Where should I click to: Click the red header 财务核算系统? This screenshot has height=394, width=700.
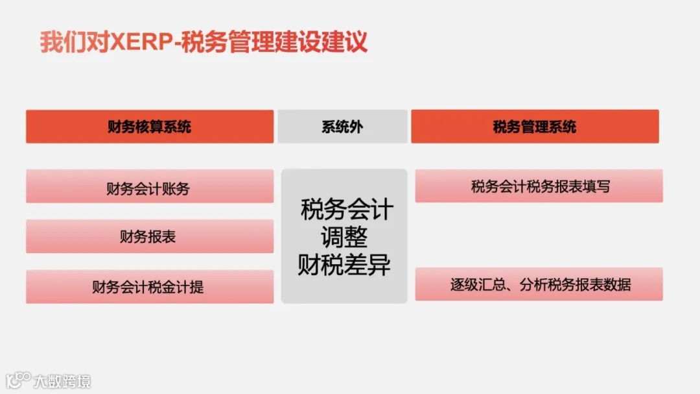click(x=150, y=127)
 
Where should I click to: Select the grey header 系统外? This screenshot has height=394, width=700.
click(x=342, y=127)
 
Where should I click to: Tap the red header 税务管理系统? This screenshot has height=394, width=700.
click(x=535, y=127)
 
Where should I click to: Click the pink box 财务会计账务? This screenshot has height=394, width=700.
click(x=150, y=189)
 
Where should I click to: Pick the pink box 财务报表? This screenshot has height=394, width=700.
click(x=150, y=237)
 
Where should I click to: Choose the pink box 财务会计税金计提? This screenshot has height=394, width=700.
click(x=150, y=287)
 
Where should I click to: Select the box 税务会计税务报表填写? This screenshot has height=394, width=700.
click(x=539, y=187)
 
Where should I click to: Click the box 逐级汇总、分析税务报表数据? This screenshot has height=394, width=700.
click(x=539, y=284)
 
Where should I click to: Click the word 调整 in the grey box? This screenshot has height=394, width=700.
click(x=344, y=237)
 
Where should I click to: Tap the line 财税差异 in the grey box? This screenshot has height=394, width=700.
click(x=344, y=265)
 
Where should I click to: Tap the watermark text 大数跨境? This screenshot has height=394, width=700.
click(x=63, y=381)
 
